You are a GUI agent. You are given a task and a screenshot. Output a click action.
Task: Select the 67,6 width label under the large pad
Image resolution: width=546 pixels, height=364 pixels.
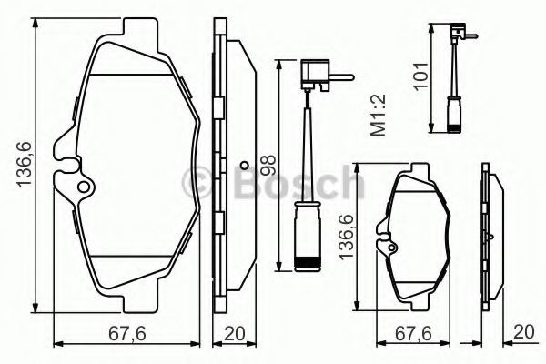126,334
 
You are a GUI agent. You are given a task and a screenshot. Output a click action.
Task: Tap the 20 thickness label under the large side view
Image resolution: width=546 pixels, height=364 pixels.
235,334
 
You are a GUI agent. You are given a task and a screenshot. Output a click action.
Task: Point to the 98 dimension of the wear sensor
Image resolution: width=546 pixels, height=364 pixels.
268,165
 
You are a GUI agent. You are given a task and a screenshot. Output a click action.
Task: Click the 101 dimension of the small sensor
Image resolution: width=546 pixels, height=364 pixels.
420,76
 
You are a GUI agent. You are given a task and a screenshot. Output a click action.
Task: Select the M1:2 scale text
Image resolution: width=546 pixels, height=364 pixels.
379,115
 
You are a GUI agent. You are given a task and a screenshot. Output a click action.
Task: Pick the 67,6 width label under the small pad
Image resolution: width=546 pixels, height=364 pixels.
413,334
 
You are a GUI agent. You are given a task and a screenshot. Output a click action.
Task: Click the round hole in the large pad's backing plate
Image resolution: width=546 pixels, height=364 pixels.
84,187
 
